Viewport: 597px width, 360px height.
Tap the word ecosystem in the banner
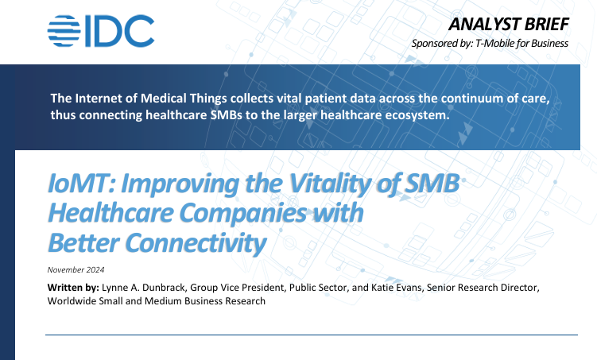[421, 115]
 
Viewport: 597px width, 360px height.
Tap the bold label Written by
[73, 286]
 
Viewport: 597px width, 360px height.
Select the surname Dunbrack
[175, 286]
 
